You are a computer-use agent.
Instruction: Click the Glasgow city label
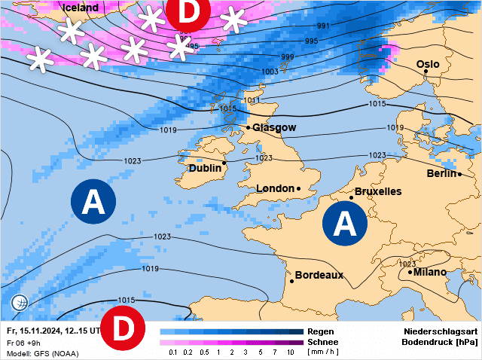point(274,128)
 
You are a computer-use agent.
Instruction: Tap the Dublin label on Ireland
point(205,169)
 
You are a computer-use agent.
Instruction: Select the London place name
point(275,188)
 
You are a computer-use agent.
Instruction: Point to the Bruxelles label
point(377,191)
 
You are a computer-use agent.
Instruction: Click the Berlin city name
point(442,174)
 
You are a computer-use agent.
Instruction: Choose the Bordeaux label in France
point(319,275)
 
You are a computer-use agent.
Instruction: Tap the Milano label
point(429,272)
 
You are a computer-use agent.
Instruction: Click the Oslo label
point(428,65)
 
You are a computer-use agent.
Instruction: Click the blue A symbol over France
point(345,224)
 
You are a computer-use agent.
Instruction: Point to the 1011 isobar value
point(252,100)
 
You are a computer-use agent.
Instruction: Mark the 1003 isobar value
point(269,72)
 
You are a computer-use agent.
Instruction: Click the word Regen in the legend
point(320,331)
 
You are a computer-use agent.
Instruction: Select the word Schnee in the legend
point(322,342)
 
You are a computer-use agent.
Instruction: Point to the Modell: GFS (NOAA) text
point(42,353)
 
